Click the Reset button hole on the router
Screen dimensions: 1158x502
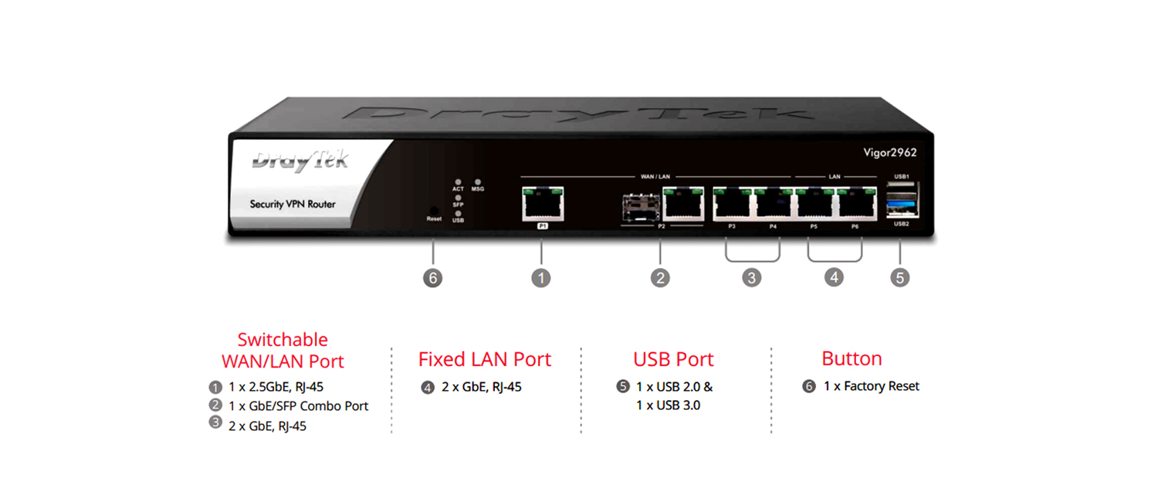tap(434, 210)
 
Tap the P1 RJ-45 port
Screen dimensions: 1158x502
tap(542, 204)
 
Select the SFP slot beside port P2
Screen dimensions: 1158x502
tap(641, 207)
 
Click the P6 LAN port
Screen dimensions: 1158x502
tap(857, 204)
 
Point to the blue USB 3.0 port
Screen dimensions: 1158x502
tap(902, 207)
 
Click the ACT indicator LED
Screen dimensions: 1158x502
tap(458, 182)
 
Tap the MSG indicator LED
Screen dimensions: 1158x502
tap(478, 182)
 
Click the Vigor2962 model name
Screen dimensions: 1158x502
tap(889, 152)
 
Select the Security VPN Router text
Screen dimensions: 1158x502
tap(293, 204)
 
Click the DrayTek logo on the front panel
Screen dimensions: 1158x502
tap(300, 161)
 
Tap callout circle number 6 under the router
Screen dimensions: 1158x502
tap(433, 278)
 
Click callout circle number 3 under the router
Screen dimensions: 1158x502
tap(752, 277)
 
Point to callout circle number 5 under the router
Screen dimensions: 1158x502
tap(900, 277)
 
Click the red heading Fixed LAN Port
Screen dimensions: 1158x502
tap(485, 359)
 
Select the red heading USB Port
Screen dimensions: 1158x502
tap(673, 359)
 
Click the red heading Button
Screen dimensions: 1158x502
tap(852, 359)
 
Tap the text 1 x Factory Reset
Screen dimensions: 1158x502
tap(871, 386)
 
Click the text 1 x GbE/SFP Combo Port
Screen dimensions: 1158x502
tap(298, 405)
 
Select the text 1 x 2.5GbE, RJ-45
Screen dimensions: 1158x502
tap(276, 387)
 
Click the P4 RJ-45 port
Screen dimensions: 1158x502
tap(774, 204)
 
